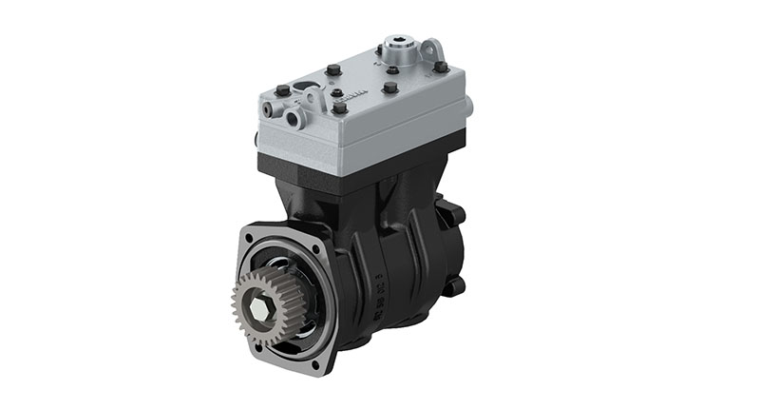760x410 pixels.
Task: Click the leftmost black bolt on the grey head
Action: click(x=282, y=91)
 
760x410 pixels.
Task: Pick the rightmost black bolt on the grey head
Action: click(x=441, y=68)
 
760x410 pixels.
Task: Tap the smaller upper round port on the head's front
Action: click(x=275, y=110)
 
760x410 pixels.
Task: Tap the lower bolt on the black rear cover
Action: click(x=460, y=283)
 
